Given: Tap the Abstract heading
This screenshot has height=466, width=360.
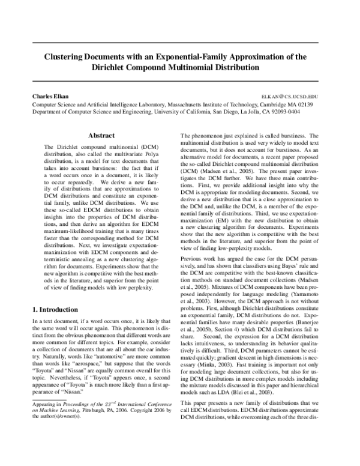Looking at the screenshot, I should tap(100, 136).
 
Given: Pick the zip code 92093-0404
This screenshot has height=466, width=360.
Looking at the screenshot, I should tap(283, 111).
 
